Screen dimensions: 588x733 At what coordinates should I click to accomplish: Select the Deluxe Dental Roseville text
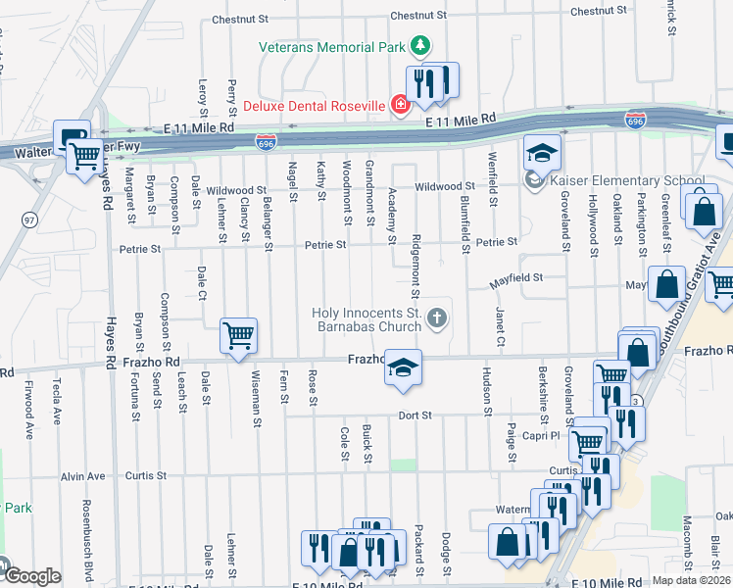click(315, 106)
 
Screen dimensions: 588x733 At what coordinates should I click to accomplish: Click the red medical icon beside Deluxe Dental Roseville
click(399, 105)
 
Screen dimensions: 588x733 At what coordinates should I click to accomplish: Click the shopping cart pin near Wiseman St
click(239, 337)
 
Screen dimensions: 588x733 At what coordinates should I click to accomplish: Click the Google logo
click(31, 576)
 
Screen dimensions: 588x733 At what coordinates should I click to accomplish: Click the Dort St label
click(415, 416)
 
